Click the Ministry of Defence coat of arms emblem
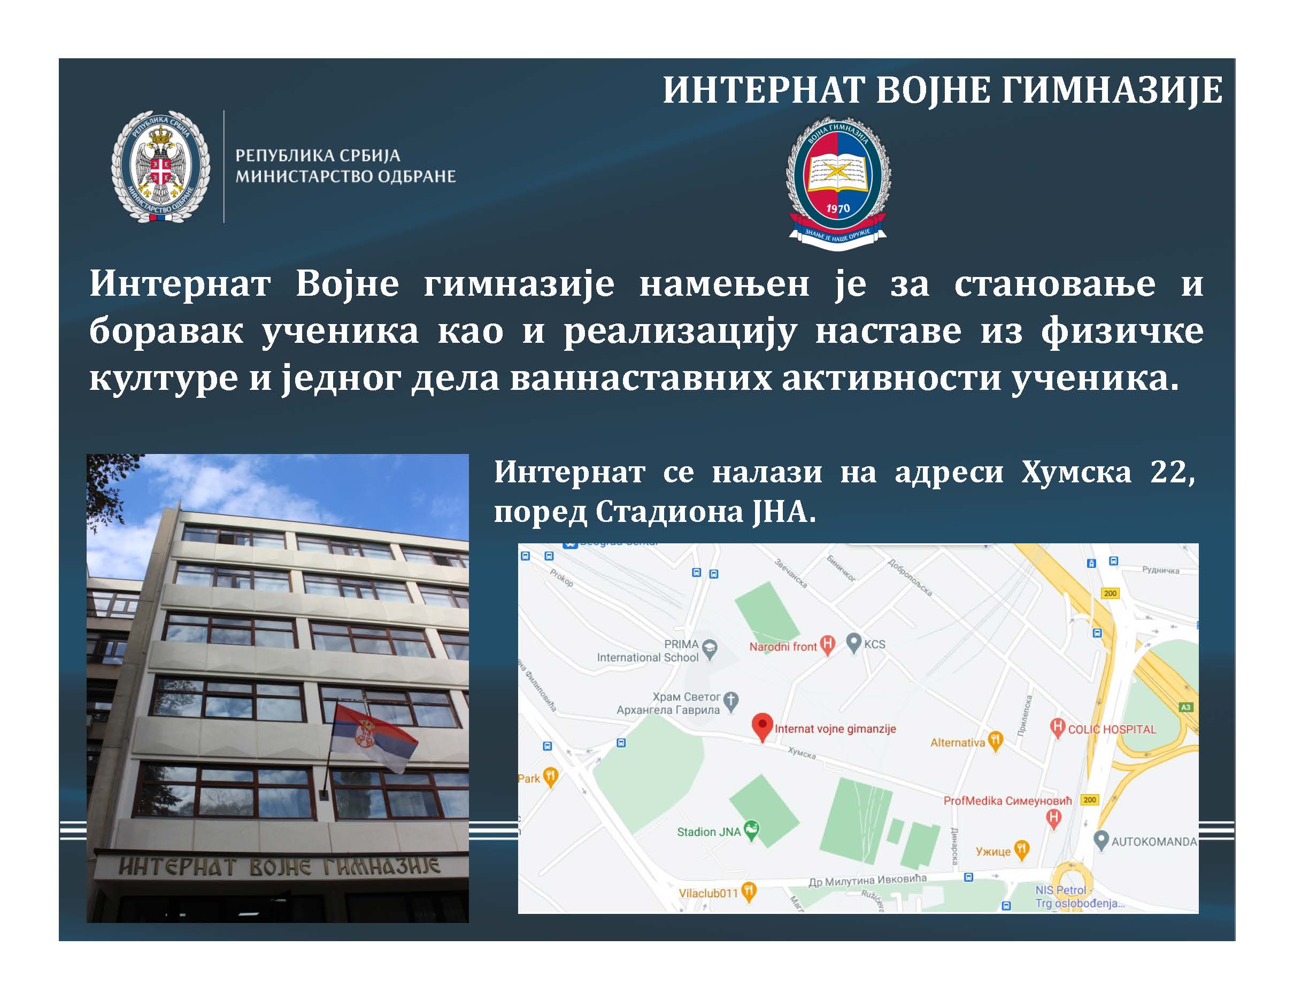160,166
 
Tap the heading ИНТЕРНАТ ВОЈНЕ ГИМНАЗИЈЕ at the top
942,90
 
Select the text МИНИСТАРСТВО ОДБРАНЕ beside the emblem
345,176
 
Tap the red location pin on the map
762,726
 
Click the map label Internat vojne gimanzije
835,729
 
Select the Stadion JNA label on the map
708,832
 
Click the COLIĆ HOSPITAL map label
1112,729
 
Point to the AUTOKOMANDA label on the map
1153,841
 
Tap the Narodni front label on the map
783,647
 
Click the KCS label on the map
874,644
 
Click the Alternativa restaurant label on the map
958,742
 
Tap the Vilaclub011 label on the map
708,893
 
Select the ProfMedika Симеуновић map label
1007,801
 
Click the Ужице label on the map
993,851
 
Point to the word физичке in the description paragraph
1122,331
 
